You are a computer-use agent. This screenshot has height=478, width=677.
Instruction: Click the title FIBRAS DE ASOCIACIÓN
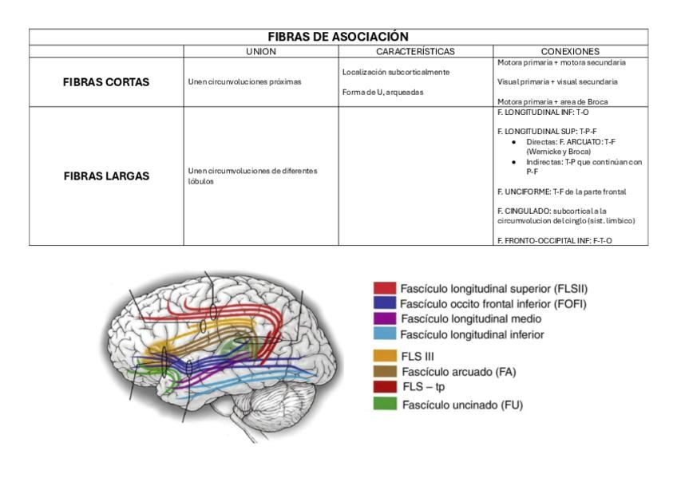[x=338, y=37]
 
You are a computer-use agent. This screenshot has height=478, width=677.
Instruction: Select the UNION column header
[x=260, y=51]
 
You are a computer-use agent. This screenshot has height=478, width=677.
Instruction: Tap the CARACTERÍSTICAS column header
[x=415, y=51]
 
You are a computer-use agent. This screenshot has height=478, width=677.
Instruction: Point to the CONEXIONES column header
[x=570, y=51]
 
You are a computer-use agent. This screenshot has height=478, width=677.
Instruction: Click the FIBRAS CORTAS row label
[x=106, y=82]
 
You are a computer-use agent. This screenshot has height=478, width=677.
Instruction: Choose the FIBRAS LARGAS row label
[x=106, y=176]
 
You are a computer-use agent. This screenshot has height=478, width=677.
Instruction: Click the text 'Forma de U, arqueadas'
[x=382, y=92]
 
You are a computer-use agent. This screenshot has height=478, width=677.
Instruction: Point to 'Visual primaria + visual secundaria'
[x=556, y=81]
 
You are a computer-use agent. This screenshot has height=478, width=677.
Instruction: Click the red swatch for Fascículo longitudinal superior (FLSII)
[x=385, y=288]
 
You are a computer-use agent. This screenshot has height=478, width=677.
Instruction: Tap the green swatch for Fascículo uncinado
[x=385, y=404]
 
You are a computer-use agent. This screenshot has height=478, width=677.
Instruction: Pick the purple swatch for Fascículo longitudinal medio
[x=385, y=319]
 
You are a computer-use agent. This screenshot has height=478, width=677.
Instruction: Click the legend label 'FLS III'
[x=418, y=356]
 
